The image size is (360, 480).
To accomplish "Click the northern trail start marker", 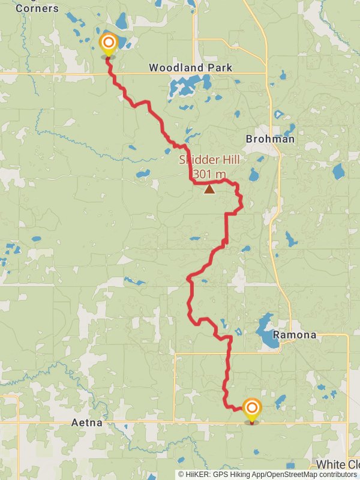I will pos(108,44).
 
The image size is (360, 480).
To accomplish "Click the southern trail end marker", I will pos(251,409).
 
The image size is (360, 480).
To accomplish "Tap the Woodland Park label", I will pos(190,68).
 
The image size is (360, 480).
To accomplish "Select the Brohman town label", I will pos(270,139).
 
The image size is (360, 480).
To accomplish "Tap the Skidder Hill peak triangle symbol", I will pos(209,190).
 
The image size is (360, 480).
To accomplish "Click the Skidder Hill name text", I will pos(209,160).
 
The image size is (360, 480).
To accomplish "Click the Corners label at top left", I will pos(38,8).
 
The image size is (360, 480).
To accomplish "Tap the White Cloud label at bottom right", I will pos(337,465).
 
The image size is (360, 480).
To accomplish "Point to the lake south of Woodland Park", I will pos(183,88).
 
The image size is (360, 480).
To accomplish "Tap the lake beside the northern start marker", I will pos(124,42).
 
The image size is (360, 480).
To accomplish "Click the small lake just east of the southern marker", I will pos(280,400).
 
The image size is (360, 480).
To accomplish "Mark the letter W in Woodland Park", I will pos(154,68).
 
